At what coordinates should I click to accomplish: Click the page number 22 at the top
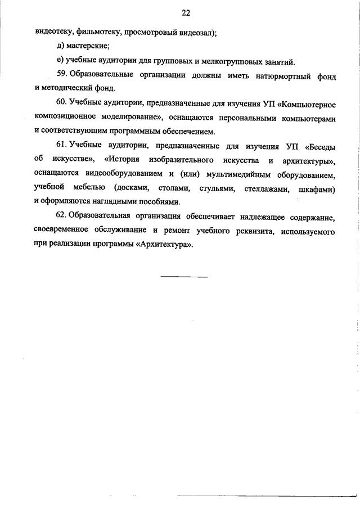tap(186, 12)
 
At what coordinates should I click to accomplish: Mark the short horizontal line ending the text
tap(184, 276)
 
